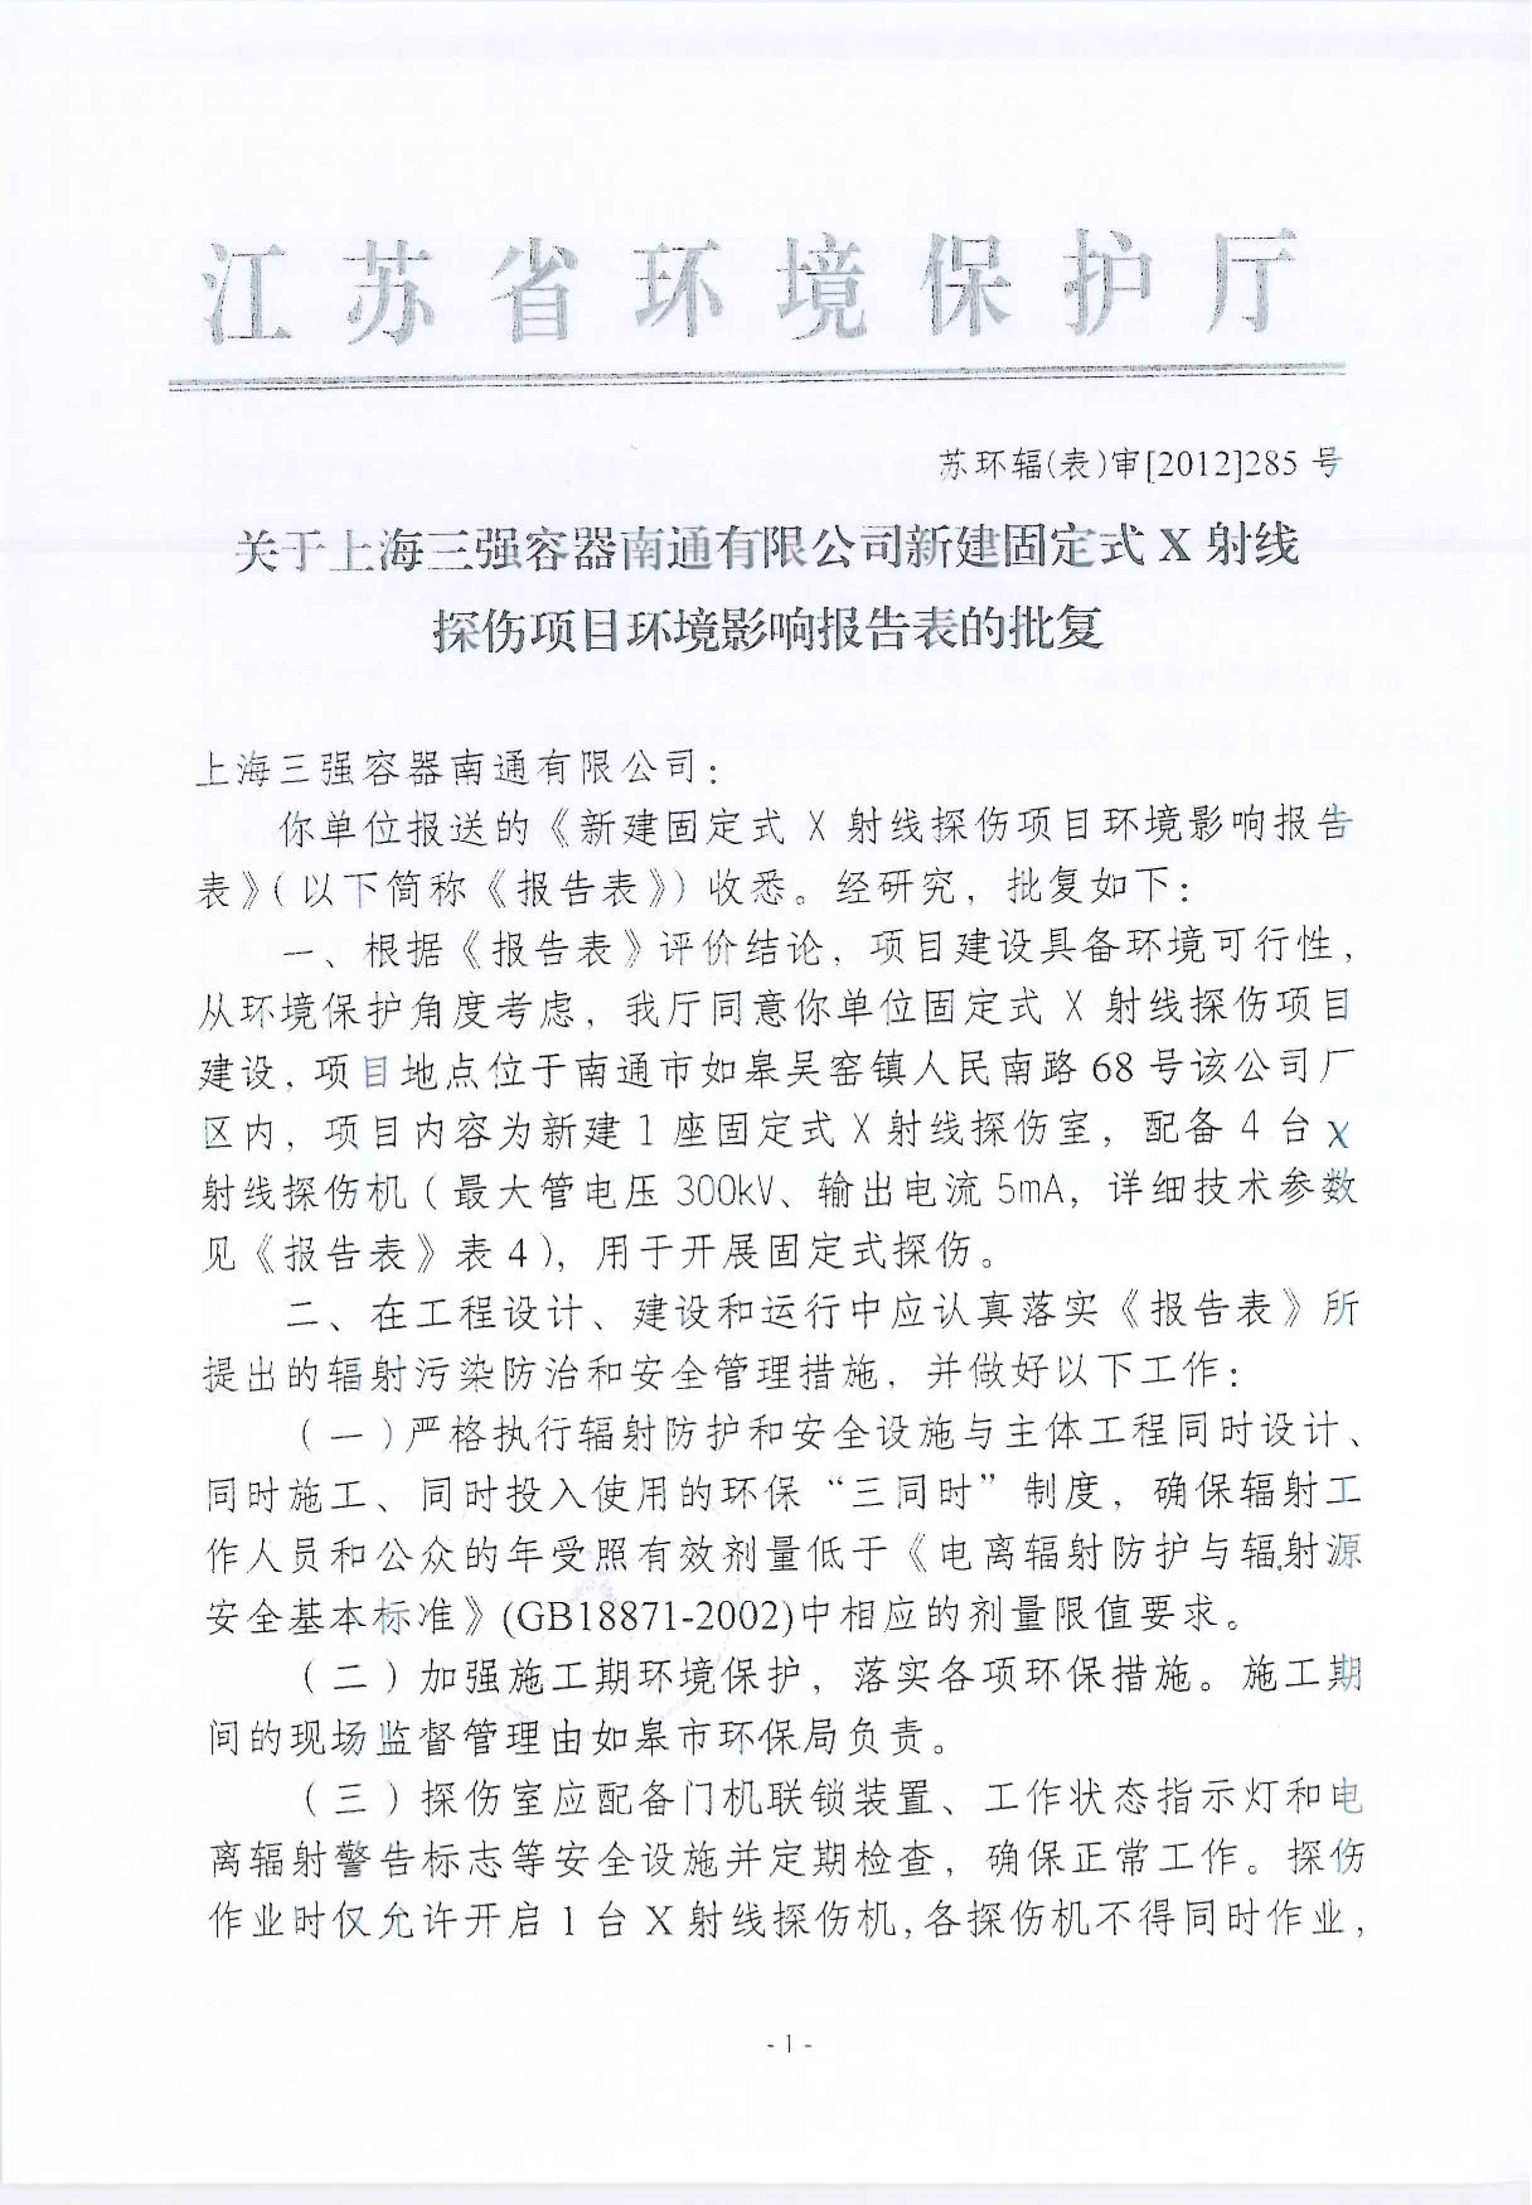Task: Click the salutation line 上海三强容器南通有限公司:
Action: point(455,769)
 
